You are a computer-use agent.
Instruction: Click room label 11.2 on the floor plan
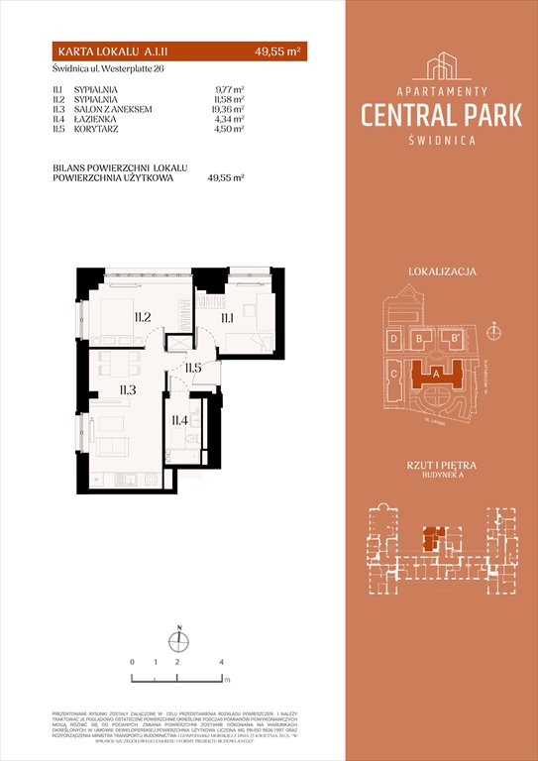[x=141, y=318]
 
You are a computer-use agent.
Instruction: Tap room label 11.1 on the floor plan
[x=226, y=318]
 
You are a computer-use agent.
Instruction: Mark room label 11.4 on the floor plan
[x=179, y=420]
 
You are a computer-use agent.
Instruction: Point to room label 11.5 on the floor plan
[x=194, y=369]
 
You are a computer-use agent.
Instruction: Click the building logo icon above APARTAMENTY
[x=441, y=66]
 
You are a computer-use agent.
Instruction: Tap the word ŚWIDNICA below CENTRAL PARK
[x=441, y=140]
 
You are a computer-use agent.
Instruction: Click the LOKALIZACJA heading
[x=442, y=271]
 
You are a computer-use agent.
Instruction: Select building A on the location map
[x=437, y=374]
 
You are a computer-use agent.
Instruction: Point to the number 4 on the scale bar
[x=221, y=660]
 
